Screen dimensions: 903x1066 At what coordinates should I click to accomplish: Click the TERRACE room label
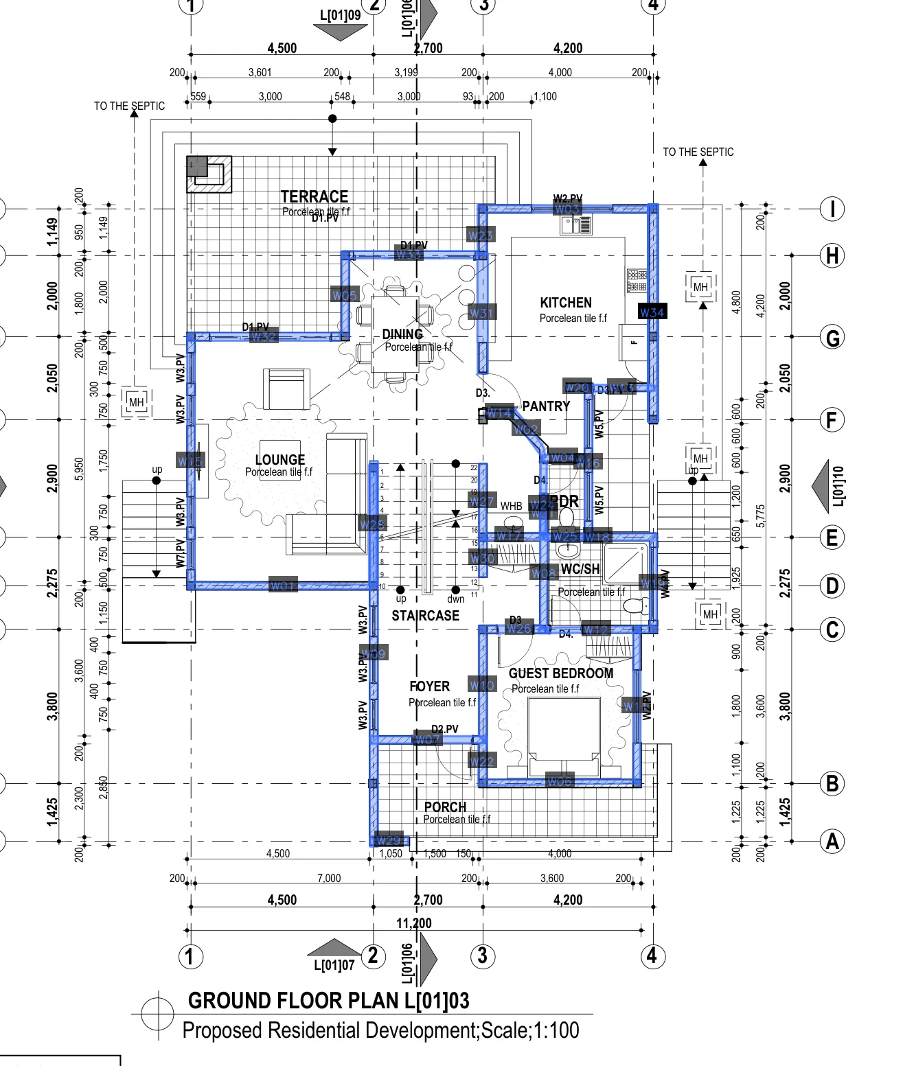click(x=314, y=196)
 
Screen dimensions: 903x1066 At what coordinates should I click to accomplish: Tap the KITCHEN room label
click(x=566, y=303)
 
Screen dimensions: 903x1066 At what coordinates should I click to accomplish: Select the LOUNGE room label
click(x=279, y=460)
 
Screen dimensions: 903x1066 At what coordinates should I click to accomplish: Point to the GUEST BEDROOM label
click(x=561, y=673)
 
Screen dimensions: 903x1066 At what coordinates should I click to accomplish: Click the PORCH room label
click(x=445, y=807)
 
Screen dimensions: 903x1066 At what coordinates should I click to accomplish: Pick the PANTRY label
click(x=546, y=406)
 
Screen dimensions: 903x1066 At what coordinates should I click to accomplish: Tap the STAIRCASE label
click(x=425, y=616)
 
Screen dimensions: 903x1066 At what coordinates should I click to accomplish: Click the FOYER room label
click(x=430, y=686)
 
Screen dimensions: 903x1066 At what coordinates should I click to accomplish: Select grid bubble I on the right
click(x=832, y=209)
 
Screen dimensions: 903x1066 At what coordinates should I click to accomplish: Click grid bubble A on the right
click(x=832, y=841)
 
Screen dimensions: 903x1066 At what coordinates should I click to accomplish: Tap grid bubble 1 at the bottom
click(x=191, y=956)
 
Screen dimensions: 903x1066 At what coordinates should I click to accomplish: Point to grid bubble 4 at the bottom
click(x=652, y=955)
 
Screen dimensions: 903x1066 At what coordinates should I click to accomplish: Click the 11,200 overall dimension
click(x=414, y=923)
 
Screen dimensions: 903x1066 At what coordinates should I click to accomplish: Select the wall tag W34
click(x=652, y=312)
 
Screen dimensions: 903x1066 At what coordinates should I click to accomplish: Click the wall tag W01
click(x=283, y=586)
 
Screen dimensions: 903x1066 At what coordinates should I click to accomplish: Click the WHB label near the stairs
click(x=511, y=506)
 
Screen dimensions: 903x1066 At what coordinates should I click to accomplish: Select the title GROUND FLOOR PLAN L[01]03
click(x=328, y=1001)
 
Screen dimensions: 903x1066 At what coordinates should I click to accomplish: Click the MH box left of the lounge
click(x=137, y=402)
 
